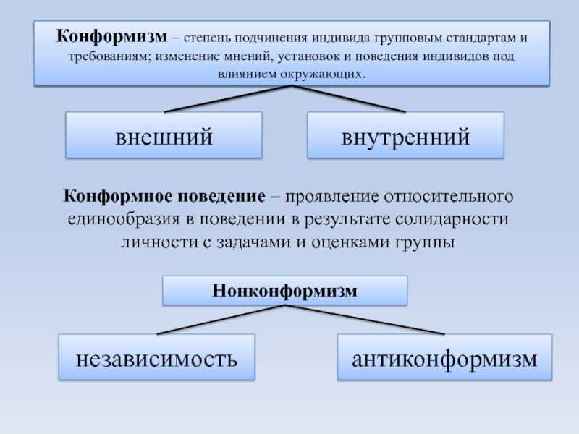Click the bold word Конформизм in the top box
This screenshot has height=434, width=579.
[111, 37]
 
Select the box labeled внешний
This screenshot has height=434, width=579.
[164, 135]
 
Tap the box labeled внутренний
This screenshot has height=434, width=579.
[405, 135]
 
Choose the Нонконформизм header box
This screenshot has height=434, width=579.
[284, 291]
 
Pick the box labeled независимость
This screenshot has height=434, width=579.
[156, 357]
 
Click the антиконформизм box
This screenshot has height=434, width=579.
[444, 357]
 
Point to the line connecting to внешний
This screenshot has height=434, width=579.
[228, 99]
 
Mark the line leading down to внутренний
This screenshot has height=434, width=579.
[349, 99]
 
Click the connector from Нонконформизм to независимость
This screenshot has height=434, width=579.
[221, 320]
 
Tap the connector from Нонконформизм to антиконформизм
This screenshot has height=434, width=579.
[365, 320]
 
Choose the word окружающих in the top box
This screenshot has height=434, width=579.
[322, 74]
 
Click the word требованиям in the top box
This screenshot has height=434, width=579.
[110, 57]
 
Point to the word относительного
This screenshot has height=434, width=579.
[449, 196]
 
